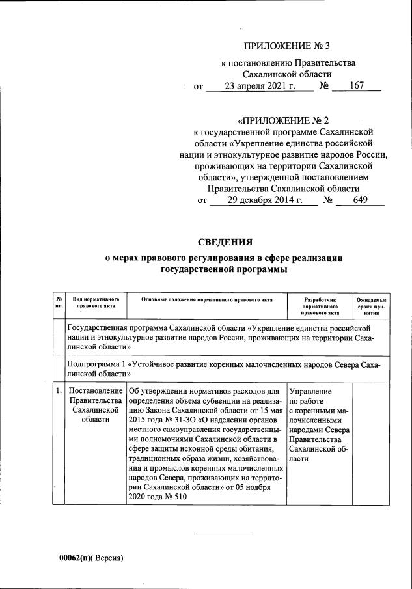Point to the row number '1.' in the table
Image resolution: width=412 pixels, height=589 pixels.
coord(59,391)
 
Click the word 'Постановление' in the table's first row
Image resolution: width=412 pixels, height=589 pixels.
coord(96,391)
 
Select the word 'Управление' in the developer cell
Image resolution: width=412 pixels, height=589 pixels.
coord(310,391)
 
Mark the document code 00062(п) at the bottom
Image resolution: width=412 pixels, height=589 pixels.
coord(75,558)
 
